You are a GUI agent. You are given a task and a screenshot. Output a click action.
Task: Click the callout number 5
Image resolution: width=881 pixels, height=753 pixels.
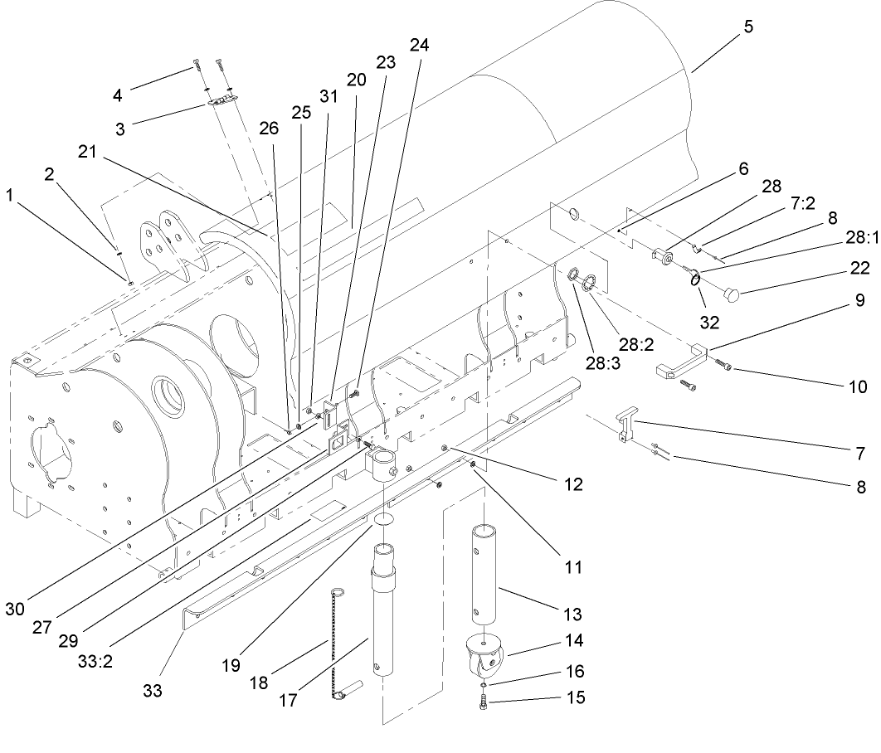pos(748,26)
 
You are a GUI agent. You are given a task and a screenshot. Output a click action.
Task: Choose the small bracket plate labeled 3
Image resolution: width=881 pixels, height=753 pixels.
pos(222,100)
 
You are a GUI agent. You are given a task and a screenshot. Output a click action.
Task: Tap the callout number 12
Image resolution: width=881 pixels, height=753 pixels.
pos(572,483)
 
